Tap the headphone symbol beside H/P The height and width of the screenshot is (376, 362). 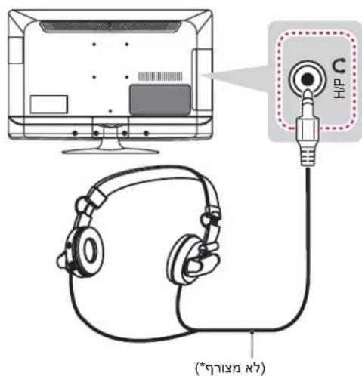coord(339,66)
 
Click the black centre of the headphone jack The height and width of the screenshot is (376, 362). coord(308,80)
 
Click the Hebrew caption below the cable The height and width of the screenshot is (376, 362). coord(231,368)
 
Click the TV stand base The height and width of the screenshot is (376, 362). coord(110,151)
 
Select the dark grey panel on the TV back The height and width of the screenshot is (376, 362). coord(160,100)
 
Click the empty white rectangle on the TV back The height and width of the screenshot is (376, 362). coord(48,104)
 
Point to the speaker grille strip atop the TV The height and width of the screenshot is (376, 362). coord(110,26)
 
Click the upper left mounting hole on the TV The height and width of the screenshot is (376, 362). coord(94,45)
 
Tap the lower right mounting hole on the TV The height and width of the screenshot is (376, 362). coord(127,77)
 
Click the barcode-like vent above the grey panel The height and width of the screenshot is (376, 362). coord(160,76)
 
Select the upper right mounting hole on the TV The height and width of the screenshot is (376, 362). coord(127,45)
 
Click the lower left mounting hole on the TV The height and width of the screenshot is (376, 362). coord(94,77)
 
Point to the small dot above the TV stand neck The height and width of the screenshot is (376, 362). coord(110,111)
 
